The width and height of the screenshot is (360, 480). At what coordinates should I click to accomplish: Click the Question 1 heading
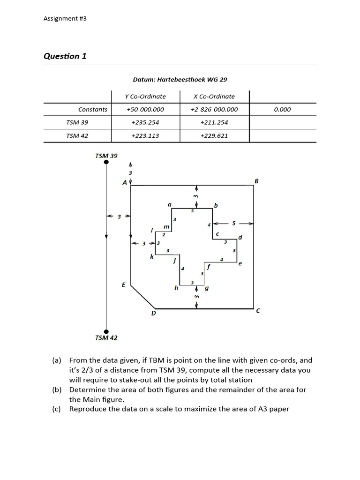(65, 56)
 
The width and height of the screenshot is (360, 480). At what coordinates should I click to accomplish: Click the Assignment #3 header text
(65, 18)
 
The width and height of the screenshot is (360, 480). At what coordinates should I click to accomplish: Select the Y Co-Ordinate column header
(145, 97)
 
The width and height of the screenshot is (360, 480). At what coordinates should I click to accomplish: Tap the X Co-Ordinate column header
(214, 97)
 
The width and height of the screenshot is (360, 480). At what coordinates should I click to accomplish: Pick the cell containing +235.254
(145, 122)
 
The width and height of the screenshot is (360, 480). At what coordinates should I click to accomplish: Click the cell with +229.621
(214, 136)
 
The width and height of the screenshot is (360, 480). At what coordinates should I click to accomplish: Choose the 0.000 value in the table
(282, 110)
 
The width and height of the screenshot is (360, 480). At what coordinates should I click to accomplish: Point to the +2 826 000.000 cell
(214, 110)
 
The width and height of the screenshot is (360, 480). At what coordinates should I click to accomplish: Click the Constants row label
(93, 110)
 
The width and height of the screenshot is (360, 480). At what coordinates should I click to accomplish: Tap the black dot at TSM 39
(106, 162)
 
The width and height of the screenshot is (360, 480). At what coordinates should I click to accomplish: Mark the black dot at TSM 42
(106, 331)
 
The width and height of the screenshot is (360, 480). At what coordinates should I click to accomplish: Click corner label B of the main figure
(256, 180)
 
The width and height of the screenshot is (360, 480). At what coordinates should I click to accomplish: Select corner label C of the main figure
(258, 311)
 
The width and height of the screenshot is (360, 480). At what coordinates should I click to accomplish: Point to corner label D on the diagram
(153, 313)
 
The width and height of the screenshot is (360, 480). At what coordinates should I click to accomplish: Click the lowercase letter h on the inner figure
(176, 288)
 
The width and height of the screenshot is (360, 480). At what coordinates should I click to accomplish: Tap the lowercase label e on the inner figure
(240, 264)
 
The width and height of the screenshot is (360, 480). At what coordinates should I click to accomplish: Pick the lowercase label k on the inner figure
(151, 257)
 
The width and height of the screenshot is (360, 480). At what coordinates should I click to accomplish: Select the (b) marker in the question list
(57, 390)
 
